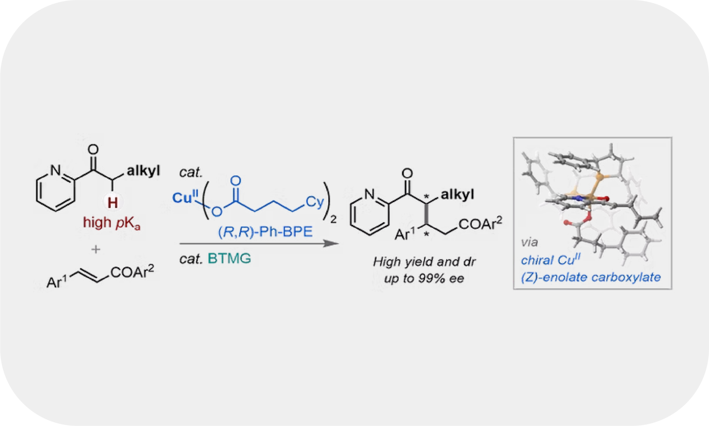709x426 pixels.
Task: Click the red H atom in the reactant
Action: (113, 203)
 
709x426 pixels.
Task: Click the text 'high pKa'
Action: (112, 223)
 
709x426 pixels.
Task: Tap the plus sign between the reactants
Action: (96, 250)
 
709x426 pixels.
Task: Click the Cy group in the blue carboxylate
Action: (314, 202)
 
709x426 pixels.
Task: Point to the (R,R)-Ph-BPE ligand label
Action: (265, 232)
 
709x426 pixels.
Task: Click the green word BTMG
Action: (229, 258)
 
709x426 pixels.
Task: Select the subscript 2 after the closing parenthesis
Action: (333, 220)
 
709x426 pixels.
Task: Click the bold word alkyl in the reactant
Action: (143, 171)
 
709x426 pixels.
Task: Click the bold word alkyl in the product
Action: (457, 195)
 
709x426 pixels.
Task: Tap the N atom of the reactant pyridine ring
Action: (56, 171)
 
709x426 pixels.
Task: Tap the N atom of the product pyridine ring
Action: (369, 194)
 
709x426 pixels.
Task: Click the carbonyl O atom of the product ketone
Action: (407, 173)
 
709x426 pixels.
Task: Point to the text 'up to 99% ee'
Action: (424, 278)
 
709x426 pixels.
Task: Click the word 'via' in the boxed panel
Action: (529, 243)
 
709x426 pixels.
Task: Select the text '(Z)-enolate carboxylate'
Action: (590, 277)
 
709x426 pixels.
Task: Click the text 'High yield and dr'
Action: (424, 262)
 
